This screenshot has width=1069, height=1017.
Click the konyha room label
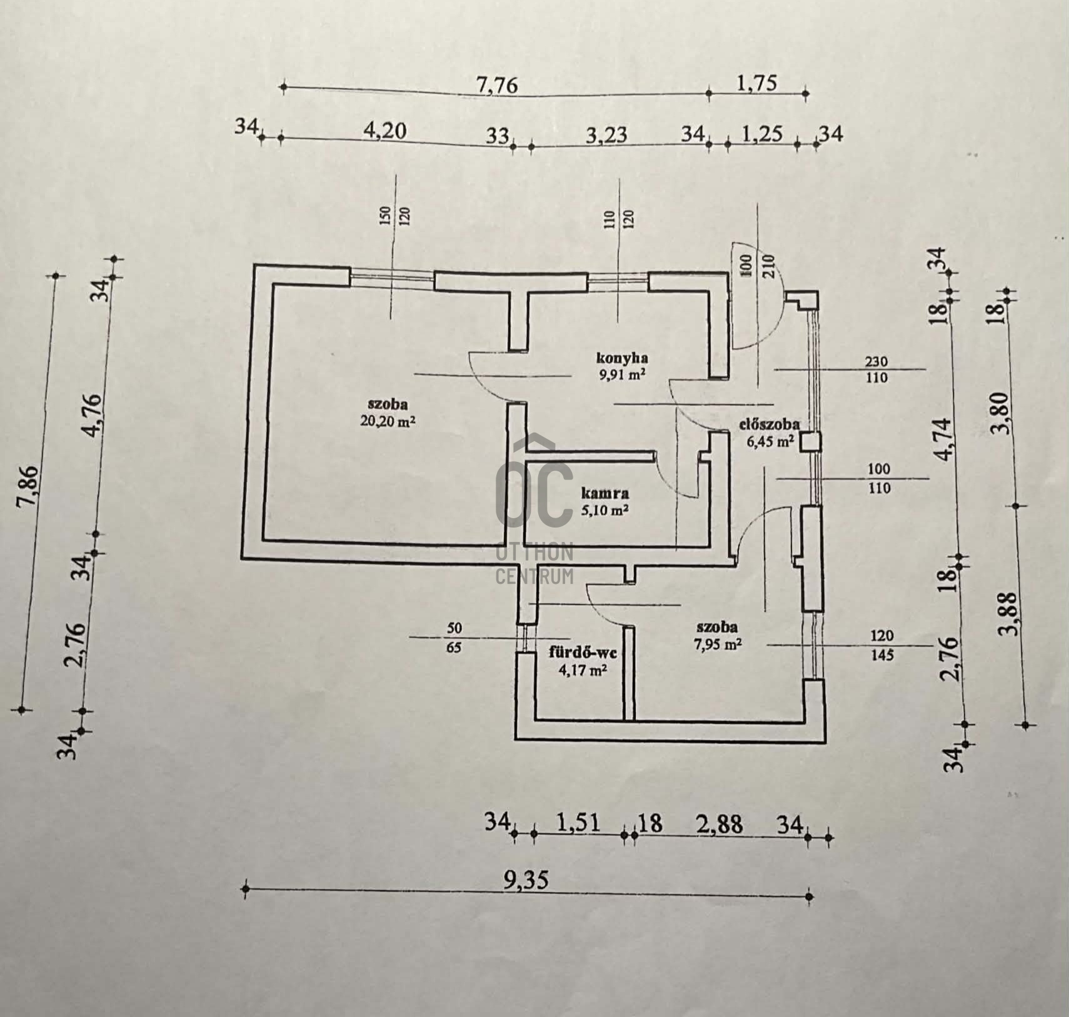pos(621,358)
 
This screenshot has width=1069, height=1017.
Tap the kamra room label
pos(605,493)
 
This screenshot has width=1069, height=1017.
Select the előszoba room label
pos(769,424)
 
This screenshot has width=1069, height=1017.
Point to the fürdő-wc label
pos(583,653)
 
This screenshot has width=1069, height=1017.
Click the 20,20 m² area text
pos(388,422)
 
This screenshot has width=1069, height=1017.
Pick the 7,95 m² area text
pos(718,644)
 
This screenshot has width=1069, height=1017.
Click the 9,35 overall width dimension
pos(526,880)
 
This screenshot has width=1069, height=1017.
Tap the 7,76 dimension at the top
pos(498,84)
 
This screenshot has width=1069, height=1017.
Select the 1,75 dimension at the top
pos(757,83)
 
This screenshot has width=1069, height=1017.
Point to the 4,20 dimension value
pos(385,130)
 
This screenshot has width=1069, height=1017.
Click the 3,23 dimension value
pos(606,135)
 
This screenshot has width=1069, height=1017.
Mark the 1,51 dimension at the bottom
pos(578,823)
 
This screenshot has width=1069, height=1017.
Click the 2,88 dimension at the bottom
pos(721,824)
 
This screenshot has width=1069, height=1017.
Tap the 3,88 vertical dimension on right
pos(1011,614)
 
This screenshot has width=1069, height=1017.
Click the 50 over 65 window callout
pos(454,638)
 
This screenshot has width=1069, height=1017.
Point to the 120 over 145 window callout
pos(881,646)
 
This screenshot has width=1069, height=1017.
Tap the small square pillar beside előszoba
pos(811,442)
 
